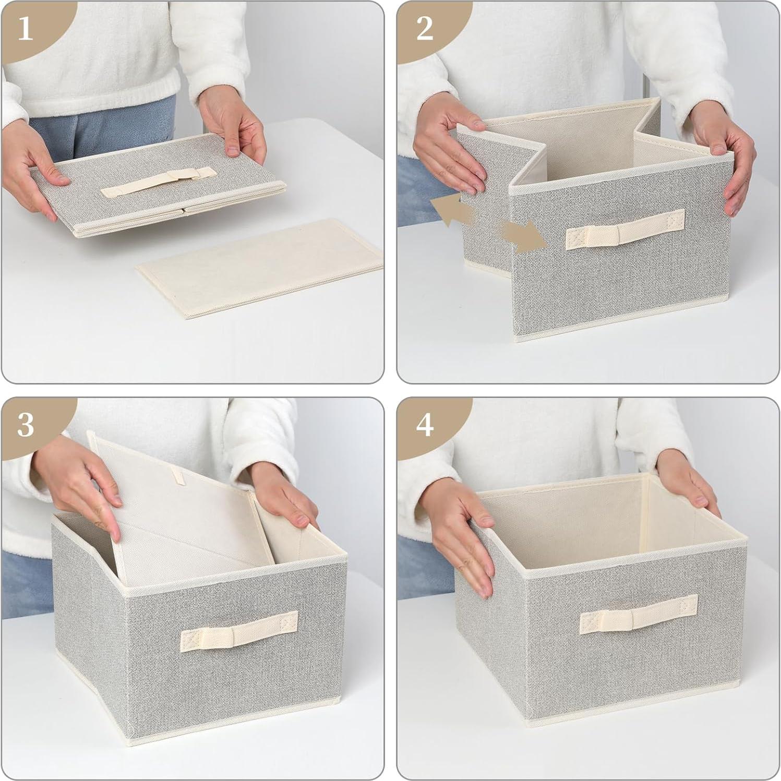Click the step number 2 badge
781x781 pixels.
pyautogui.click(x=424, y=29)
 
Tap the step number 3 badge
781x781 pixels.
pyautogui.click(x=25, y=425)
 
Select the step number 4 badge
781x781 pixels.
pyautogui.click(x=424, y=425)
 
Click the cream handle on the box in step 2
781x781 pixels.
pyautogui.click(x=625, y=230)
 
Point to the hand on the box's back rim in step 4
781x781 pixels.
pyautogui.click(x=686, y=480)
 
